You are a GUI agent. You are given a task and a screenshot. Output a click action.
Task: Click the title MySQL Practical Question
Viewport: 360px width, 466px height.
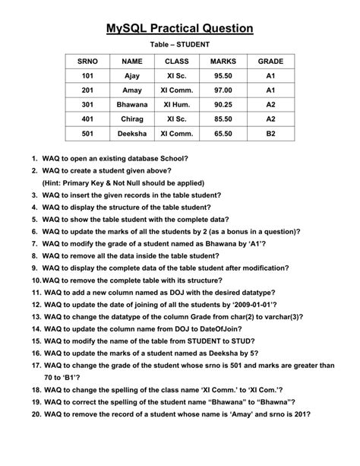tap(179, 28)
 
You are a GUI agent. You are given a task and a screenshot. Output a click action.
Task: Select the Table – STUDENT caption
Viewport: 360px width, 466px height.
tap(179, 45)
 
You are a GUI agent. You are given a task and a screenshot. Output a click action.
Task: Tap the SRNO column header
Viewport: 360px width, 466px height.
tap(88, 60)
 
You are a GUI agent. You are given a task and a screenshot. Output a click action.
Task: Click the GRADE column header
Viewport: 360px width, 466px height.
tap(270, 60)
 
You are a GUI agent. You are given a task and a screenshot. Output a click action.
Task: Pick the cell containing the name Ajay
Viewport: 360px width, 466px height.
tap(132, 76)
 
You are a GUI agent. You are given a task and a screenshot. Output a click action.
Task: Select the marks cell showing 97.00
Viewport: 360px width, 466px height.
tap(223, 90)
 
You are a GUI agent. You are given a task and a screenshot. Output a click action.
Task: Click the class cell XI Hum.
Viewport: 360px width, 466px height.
tap(177, 104)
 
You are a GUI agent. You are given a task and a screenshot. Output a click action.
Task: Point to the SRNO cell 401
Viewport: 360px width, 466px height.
tap(88, 119)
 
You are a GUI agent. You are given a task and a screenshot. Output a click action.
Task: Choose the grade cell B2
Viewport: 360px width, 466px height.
tap(270, 133)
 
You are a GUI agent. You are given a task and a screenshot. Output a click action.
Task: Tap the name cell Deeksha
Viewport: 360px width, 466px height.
tap(132, 133)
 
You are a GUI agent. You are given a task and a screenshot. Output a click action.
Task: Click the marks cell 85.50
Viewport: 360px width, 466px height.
tap(223, 119)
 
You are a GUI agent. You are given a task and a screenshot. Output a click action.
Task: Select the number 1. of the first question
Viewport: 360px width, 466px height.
tap(34, 159)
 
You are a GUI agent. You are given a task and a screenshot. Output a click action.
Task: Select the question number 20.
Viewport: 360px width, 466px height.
tap(35, 414)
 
